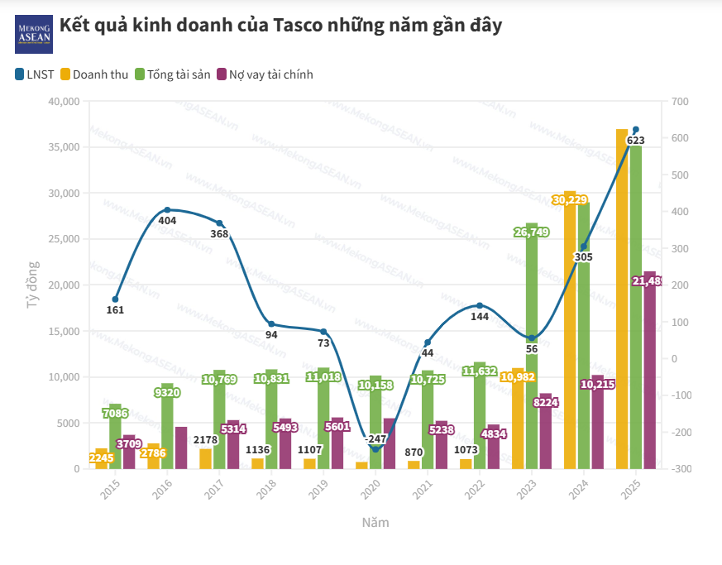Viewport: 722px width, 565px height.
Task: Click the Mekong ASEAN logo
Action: tap(34, 34)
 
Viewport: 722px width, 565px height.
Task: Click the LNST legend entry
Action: tap(34, 74)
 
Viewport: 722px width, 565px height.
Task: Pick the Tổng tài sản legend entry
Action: tap(171, 74)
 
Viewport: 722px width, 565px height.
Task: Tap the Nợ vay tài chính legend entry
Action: tap(264, 74)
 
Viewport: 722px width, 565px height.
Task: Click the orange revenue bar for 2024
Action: tap(570, 331)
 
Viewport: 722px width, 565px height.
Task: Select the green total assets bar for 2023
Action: tap(532, 347)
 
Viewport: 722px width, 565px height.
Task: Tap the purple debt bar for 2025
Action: tap(649, 372)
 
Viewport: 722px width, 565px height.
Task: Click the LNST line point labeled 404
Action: tap(167, 210)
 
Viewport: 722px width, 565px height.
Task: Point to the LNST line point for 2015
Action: tap(115, 299)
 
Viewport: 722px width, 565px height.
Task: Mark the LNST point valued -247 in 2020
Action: tap(375, 449)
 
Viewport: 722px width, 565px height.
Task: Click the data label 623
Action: tap(636, 141)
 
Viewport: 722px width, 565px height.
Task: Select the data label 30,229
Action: tap(570, 200)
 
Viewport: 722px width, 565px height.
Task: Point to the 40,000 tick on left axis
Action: tap(64, 102)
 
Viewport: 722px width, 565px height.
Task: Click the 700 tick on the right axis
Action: tap(680, 102)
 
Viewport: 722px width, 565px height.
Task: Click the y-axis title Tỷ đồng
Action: tap(32, 285)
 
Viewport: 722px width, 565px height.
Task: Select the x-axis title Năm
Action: tap(375, 523)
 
